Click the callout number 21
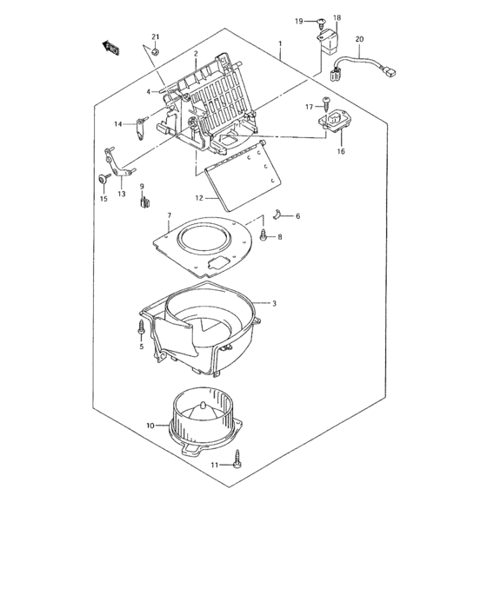point(156,36)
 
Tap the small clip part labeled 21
point(155,52)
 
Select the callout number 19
point(298,21)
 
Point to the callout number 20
point(360,39)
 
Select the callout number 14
point(118,123)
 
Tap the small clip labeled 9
point(143,204)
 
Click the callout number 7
point(170,215)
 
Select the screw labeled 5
point(140,329)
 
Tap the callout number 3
point(273,303)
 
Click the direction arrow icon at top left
point(111,49)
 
